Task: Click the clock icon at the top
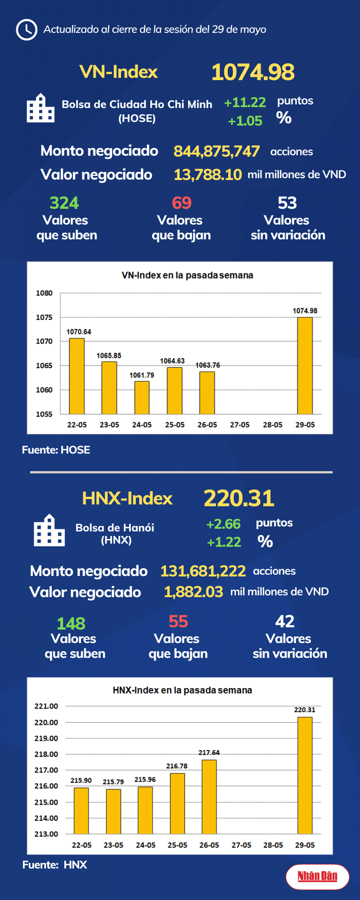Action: click(x=26, y=30)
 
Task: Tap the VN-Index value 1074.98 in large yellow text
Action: click(x=253, y=72)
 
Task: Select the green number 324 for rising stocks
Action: click(x=64, y=203)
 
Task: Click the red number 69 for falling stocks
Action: click(x=181, y=203)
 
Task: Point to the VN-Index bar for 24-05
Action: click(x=142, y=397)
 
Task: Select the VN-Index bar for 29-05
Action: click(x=305, y=365)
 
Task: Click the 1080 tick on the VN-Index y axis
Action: click(x=44, y=293)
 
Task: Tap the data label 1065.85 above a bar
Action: click(x=109, y=355)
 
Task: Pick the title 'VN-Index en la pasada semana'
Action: click(x=187, y=275)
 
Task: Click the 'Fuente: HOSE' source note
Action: click(x=56, y=450)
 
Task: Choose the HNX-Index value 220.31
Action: click(x=239, y=498)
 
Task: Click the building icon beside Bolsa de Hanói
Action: click(x=49, y=530)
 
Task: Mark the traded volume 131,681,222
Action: click(x=203, y=571)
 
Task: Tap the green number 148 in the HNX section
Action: click(x=71, y=623)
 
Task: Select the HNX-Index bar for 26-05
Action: click(x=209, y=797)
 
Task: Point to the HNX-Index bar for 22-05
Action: click(x=81, y=811)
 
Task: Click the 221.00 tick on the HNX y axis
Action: click(x=46, y=706)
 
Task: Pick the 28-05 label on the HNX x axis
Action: click(x=273, y=845)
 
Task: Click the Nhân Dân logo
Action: click(x=318, y=877)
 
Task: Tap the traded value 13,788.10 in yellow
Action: click(x=207, y=175)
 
